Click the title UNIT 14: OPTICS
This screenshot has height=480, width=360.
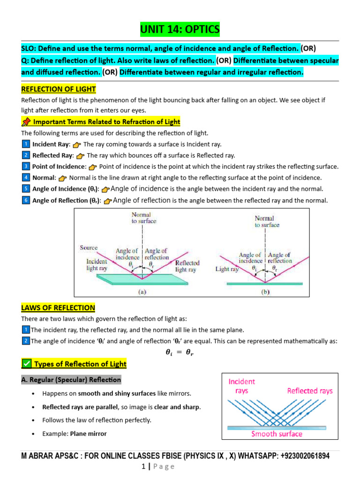[180, 30]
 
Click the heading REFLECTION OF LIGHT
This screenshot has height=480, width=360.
[59, 89]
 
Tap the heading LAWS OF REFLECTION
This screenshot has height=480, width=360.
[58, 307]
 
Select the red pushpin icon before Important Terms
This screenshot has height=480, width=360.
[26, 122]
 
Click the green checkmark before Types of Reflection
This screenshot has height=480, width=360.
[27, 364]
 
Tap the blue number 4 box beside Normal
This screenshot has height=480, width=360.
[26, 178]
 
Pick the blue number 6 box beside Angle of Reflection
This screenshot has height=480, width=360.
[26, 200]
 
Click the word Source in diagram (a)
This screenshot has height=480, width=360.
[89, 247]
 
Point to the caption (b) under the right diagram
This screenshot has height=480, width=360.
[264, 290]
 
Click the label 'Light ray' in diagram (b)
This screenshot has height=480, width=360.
[227, 269]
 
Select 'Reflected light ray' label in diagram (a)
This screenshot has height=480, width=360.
[187, 266]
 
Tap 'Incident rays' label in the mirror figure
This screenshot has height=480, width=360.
[242, 386]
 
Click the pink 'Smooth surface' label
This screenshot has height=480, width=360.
[277, 434]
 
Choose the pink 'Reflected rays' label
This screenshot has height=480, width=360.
[310, 390]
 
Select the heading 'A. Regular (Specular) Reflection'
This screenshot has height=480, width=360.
[71, 380]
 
